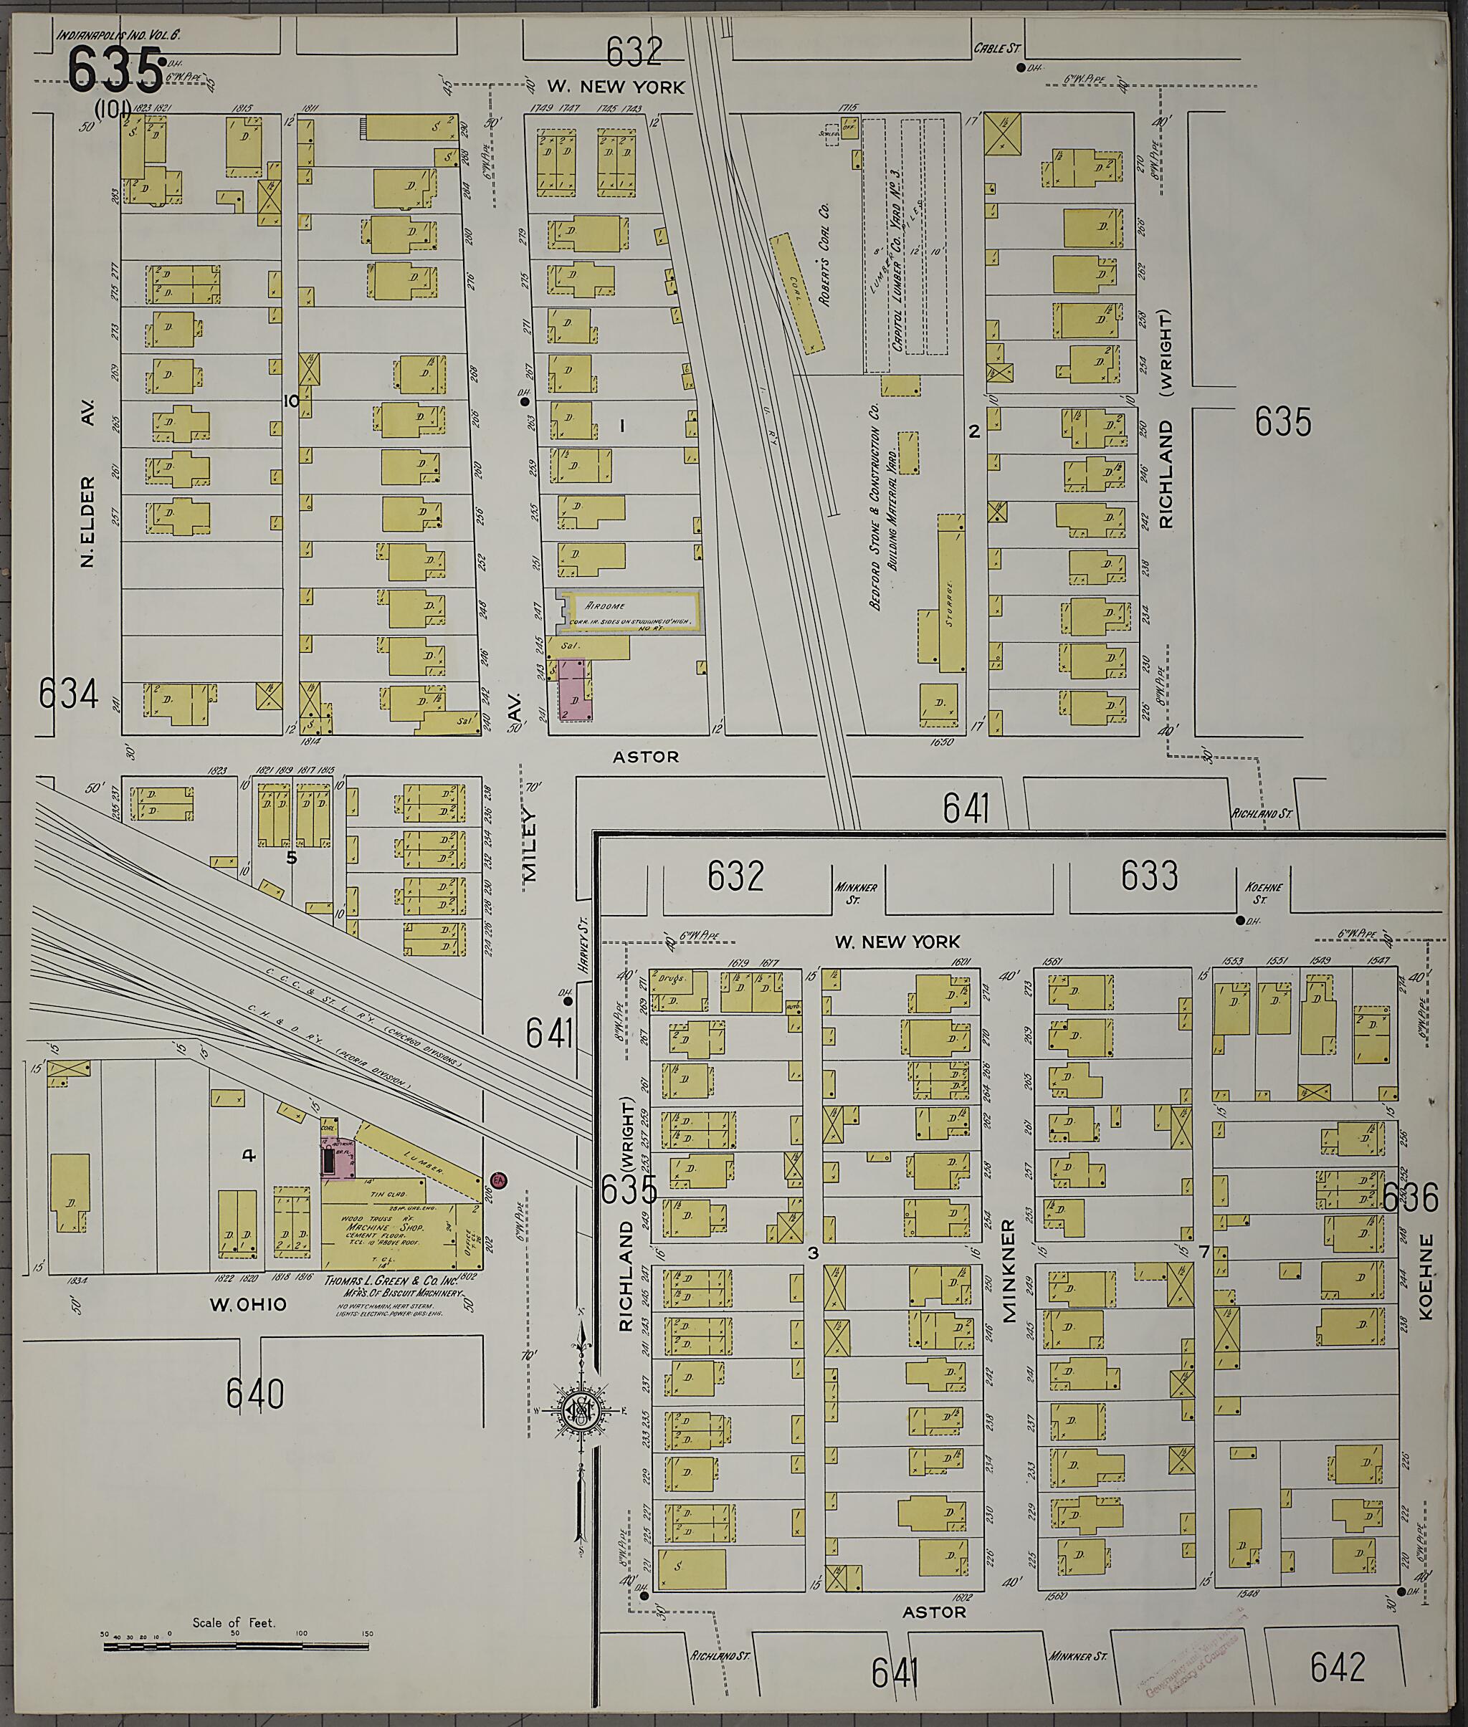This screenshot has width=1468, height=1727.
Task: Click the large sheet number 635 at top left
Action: [114, 70]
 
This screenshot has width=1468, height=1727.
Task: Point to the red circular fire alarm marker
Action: [500, 1180]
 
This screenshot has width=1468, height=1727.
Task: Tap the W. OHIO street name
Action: [247, 1304]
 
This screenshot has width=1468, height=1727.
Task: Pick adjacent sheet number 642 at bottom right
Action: [1338, 1666]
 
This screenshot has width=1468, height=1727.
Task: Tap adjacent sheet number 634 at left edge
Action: [68, 694]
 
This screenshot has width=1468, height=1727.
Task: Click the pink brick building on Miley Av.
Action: [573, 689]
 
